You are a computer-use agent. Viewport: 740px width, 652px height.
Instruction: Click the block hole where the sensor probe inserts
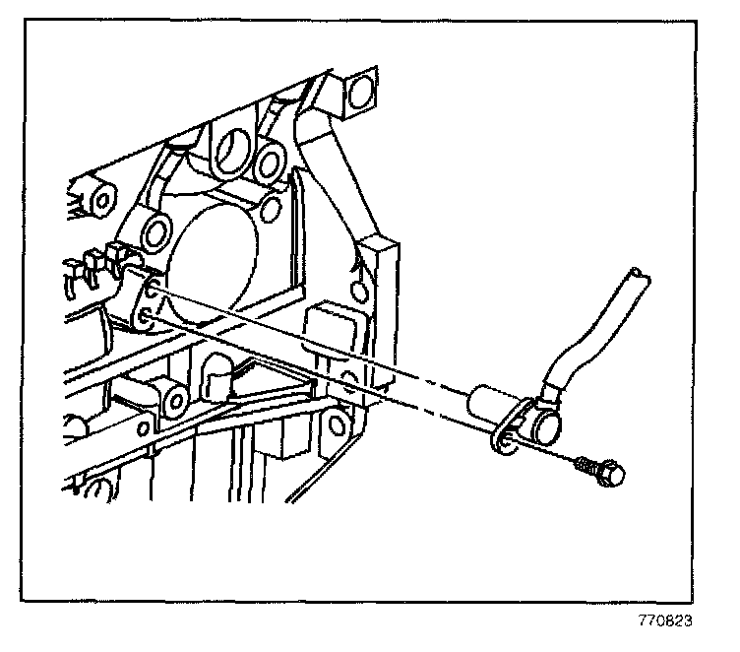pos(151,291)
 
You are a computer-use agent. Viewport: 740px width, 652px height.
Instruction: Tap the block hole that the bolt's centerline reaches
pos(145,316)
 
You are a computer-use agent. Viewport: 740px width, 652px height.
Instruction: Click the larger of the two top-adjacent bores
pos(234,148)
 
